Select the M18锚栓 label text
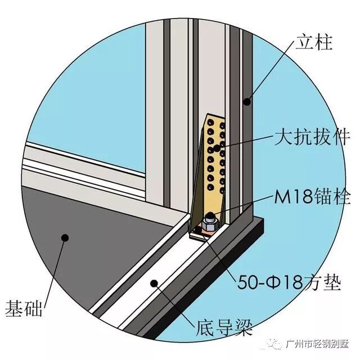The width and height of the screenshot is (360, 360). pos(313,197)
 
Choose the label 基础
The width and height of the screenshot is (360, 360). pos(26,308)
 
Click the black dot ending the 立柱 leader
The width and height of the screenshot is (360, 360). pos(246,102)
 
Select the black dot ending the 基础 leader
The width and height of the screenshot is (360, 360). pos(65,238)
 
